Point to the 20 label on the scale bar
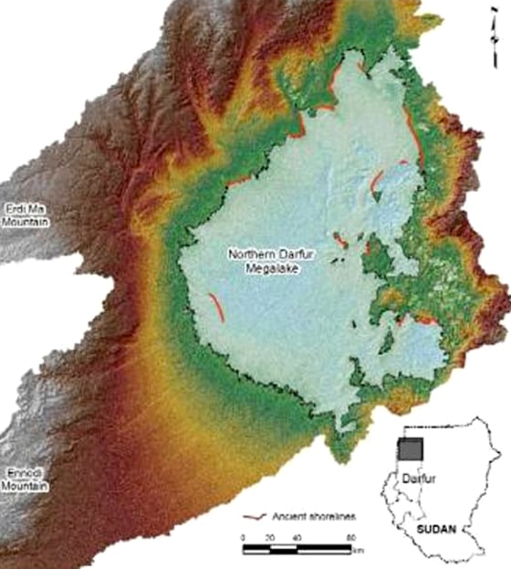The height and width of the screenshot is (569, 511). click(x=271, y=537)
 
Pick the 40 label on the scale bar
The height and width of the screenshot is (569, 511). click(x=298, y=537)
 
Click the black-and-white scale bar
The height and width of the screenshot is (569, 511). click(x=297, y=548)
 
